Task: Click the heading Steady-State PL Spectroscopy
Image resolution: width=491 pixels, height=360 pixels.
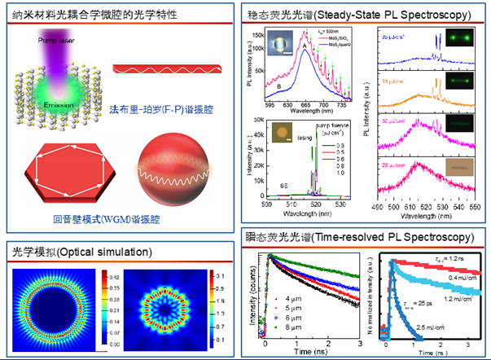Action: point(358,15)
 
